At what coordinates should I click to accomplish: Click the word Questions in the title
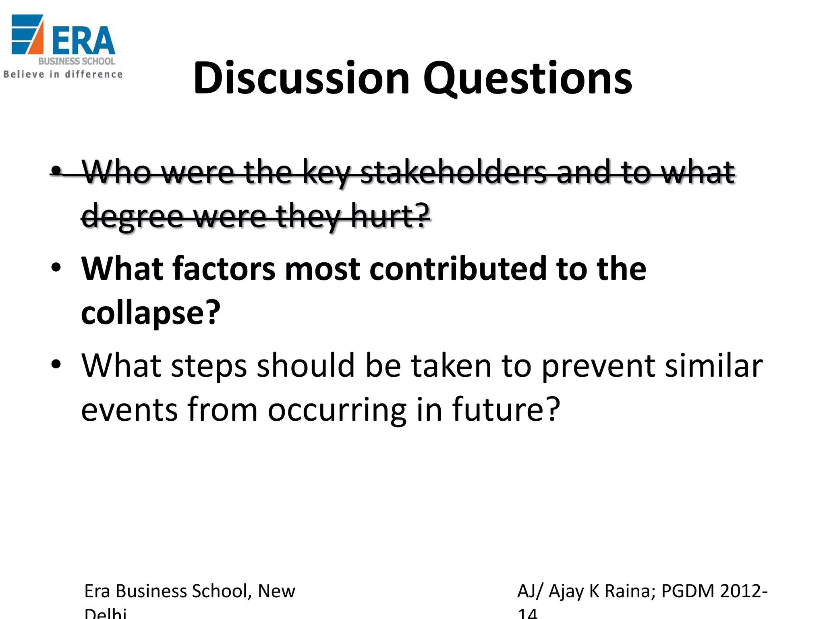pyautogui.click(x=527, y=79)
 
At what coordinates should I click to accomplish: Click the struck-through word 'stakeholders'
pyautogui.click(x=453, y=172)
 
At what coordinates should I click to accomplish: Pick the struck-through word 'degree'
pyautogui.click(x=133, y=216)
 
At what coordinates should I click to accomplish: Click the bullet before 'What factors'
pyautogui.click(x=56, y=268)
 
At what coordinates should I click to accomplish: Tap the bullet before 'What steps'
pyautogui.click(x=56, y=364)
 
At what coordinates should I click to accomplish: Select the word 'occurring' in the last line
pyautogui.click(x=337, y=410)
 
